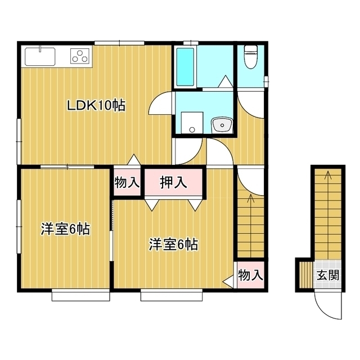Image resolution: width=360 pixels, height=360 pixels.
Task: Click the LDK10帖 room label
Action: (96, 106)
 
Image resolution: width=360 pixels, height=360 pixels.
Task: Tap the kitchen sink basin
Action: (40, 56)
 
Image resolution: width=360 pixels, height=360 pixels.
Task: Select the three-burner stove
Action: (80, 56)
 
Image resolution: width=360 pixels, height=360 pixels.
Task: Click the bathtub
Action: (185, 66)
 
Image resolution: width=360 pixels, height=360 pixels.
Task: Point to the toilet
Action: (251, 56)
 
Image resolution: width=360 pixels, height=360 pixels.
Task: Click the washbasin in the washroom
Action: (222, 125)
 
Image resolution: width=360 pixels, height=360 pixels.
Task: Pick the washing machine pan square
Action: (192, 123)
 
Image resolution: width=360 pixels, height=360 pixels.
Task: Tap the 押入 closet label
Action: (173, 182)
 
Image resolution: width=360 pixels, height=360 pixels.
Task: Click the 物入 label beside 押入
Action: (127, 182)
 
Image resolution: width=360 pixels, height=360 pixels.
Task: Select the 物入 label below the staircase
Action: (250, 275)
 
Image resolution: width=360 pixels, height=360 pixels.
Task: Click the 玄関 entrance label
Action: (327, 275)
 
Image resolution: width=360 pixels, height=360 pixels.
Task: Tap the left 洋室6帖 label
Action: (65, 229)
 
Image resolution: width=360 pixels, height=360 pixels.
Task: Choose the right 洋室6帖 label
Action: (173, 245)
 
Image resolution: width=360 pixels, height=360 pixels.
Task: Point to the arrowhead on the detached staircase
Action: (328, 174)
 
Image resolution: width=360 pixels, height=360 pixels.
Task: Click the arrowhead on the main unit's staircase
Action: (250, 198)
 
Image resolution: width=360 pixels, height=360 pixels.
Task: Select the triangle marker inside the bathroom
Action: (225, 82)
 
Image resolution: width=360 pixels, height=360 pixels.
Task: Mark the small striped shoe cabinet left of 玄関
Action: (306, 275)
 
